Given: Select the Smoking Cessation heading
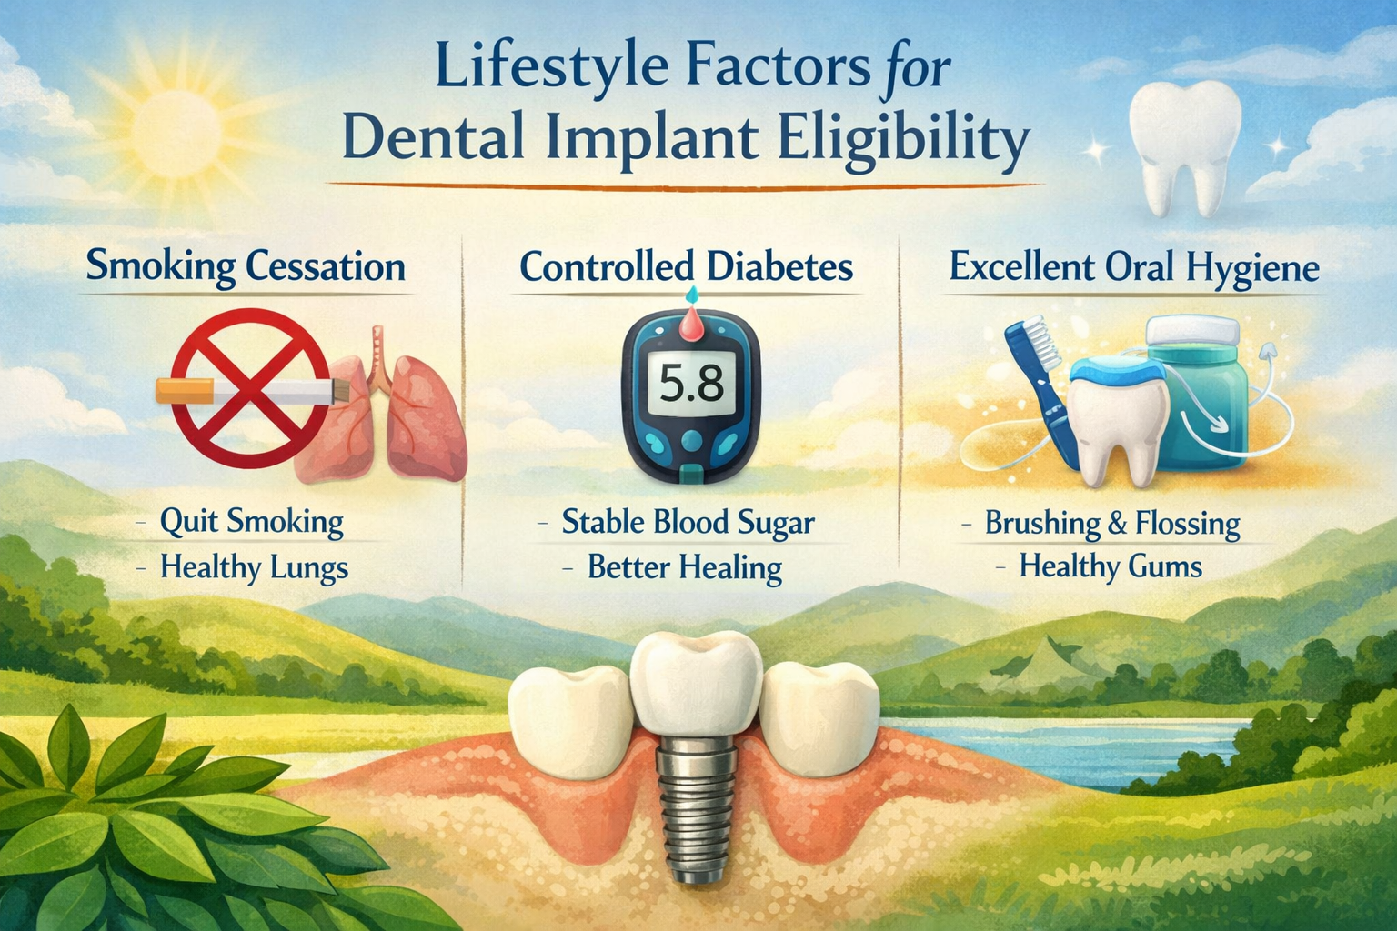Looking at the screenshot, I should pyautogui.click(x=246, y=267).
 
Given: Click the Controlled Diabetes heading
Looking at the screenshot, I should pyautogui.click(x=687, y=267).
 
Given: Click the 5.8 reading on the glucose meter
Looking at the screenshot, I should pyautogui.click(x=690, y=385).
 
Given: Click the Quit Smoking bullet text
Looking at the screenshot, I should pyautogui.click(x=252, y=522).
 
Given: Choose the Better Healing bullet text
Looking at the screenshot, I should pyautogui.click(x=685, y=567).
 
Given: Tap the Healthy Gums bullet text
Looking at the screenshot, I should pyautogui.click(x=1111, y=566).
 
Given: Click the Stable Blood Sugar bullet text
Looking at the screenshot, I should pyautogui.click(x=688, y=522).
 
